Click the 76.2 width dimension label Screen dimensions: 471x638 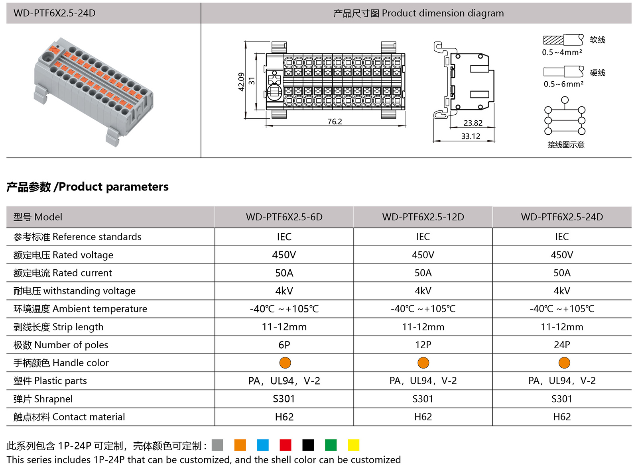335,122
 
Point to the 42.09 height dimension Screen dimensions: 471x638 241,82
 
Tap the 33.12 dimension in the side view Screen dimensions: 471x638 471,136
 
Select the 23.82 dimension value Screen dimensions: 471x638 473,123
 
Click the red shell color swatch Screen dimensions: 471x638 286,445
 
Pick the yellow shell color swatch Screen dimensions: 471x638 353,445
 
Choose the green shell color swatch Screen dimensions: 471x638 331,445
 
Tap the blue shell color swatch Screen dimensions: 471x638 263,445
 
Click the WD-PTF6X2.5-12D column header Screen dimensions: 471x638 423,217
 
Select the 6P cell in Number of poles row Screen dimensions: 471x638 284,345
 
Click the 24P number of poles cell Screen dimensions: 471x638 561,345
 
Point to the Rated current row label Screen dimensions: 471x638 63,273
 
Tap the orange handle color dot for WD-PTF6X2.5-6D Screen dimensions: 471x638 285,363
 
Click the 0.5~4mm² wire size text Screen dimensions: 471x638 562,52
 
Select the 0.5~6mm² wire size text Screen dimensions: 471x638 563,84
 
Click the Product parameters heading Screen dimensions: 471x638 87,187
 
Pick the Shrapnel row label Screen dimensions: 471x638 43,399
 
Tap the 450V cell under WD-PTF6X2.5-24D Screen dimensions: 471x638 561,255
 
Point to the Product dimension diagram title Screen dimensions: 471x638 418,13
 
